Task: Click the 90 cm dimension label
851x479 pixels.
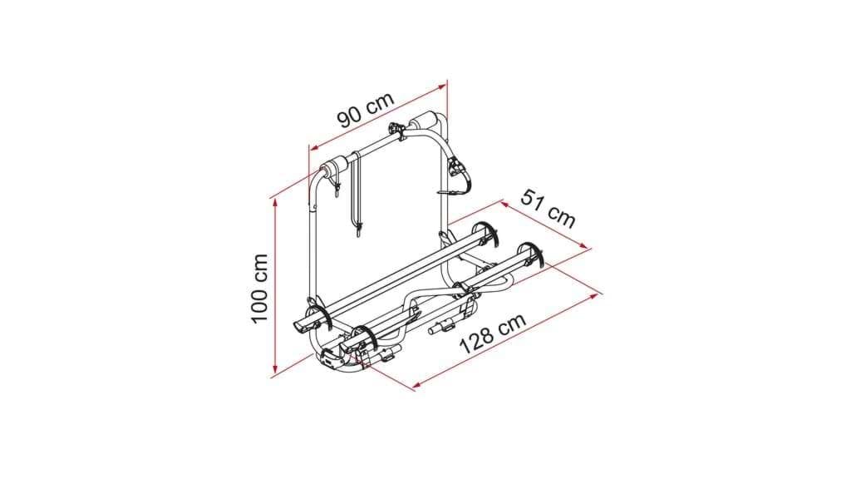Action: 366,110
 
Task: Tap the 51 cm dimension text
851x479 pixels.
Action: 548,208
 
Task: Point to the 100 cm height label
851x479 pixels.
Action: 260,289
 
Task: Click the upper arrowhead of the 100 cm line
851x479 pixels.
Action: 276,201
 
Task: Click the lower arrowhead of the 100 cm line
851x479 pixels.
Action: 275,370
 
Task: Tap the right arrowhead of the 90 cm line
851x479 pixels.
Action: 442,86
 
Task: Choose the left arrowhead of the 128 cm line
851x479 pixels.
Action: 417,386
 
